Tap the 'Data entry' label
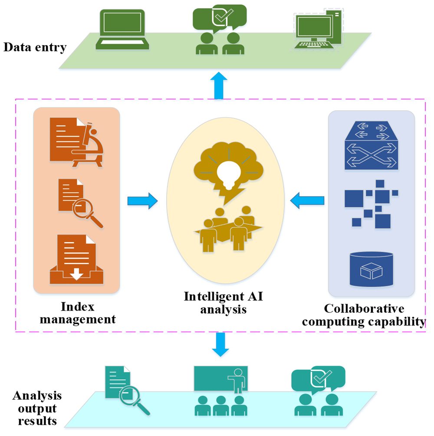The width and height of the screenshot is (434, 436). [x=35, y=47]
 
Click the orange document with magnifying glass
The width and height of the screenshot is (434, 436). [x=79, y=204]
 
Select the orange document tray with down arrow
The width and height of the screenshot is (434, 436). [x=76, y=260]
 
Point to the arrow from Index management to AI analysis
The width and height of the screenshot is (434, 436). [x=142, y=201]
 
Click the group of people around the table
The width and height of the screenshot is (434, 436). [x=229, y=228]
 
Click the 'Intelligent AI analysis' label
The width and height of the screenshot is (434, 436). [x=224, y=303]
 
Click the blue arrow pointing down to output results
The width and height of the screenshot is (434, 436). [x=221, y=344]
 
